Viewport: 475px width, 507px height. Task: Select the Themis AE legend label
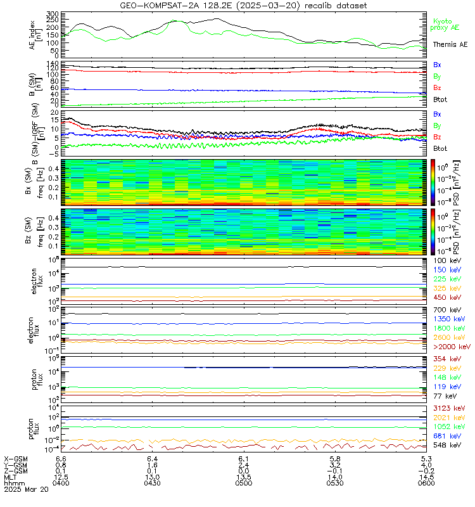click(450, 44)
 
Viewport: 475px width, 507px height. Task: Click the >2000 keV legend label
click(451, 347)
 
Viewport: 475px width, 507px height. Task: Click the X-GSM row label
click(15, 458)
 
